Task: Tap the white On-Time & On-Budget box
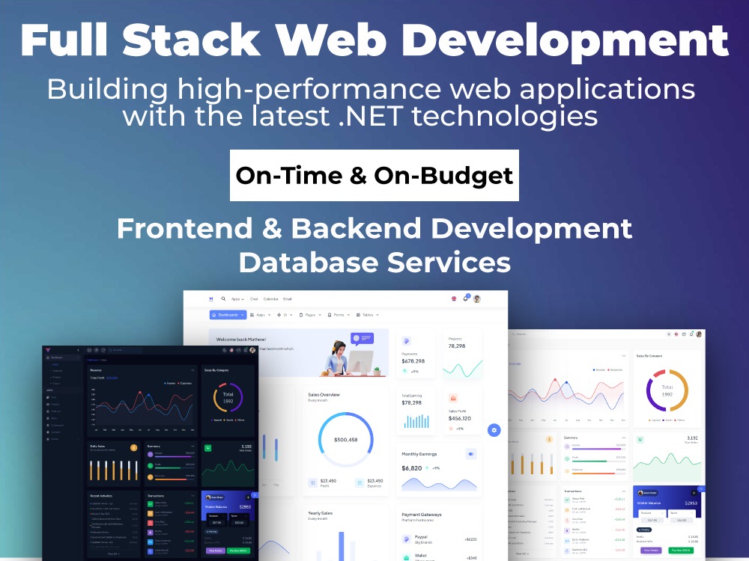click(x=374, y=175)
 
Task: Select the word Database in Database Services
click(x=315, y=262)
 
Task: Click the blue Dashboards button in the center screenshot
click(x=228, y=315)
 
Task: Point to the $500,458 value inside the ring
click(x=345, y=439)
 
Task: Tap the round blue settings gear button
click(x=494, y=430)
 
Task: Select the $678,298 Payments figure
click(x=418, y=361)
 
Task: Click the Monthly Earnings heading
click(x=419, y=454)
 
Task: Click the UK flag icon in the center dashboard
click(x=453, y=298)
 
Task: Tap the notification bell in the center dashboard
click(x=465, y=298)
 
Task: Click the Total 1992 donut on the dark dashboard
click(x=228, y=397)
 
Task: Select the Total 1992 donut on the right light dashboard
click(x=667, y=390)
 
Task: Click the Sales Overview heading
click(x=324, y=394)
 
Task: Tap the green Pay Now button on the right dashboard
click(x=682, y=550)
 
